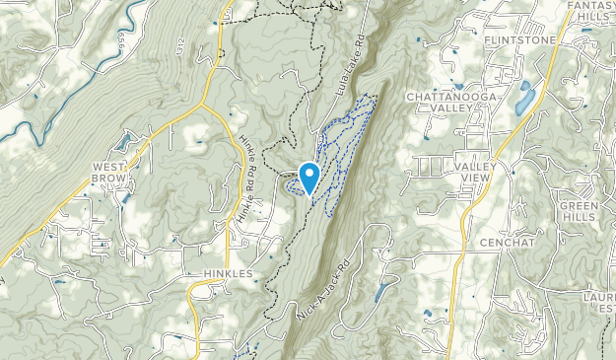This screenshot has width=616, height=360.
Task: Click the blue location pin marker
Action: (308, 178)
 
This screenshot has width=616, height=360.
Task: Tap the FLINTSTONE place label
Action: (520, 40)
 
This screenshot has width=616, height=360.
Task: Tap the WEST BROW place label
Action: (109, 174)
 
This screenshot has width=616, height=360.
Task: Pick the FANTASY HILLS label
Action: (592, 13)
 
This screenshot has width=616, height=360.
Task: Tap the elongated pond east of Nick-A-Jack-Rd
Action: (381, 292)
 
